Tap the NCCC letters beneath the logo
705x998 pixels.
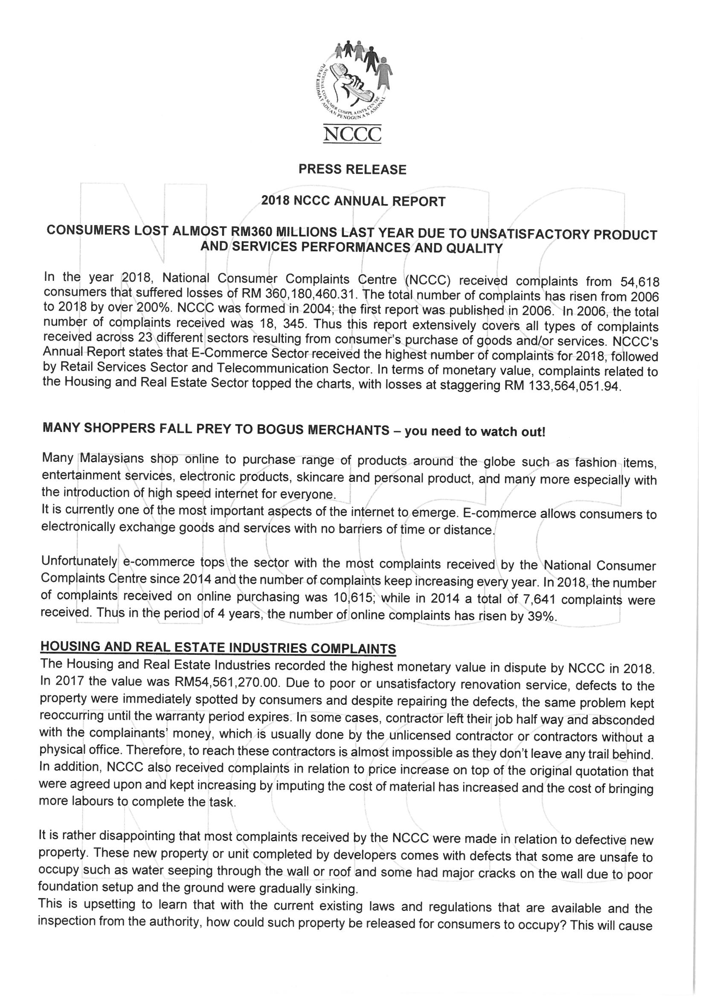coord(352,134)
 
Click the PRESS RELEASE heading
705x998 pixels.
coord(352,169)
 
